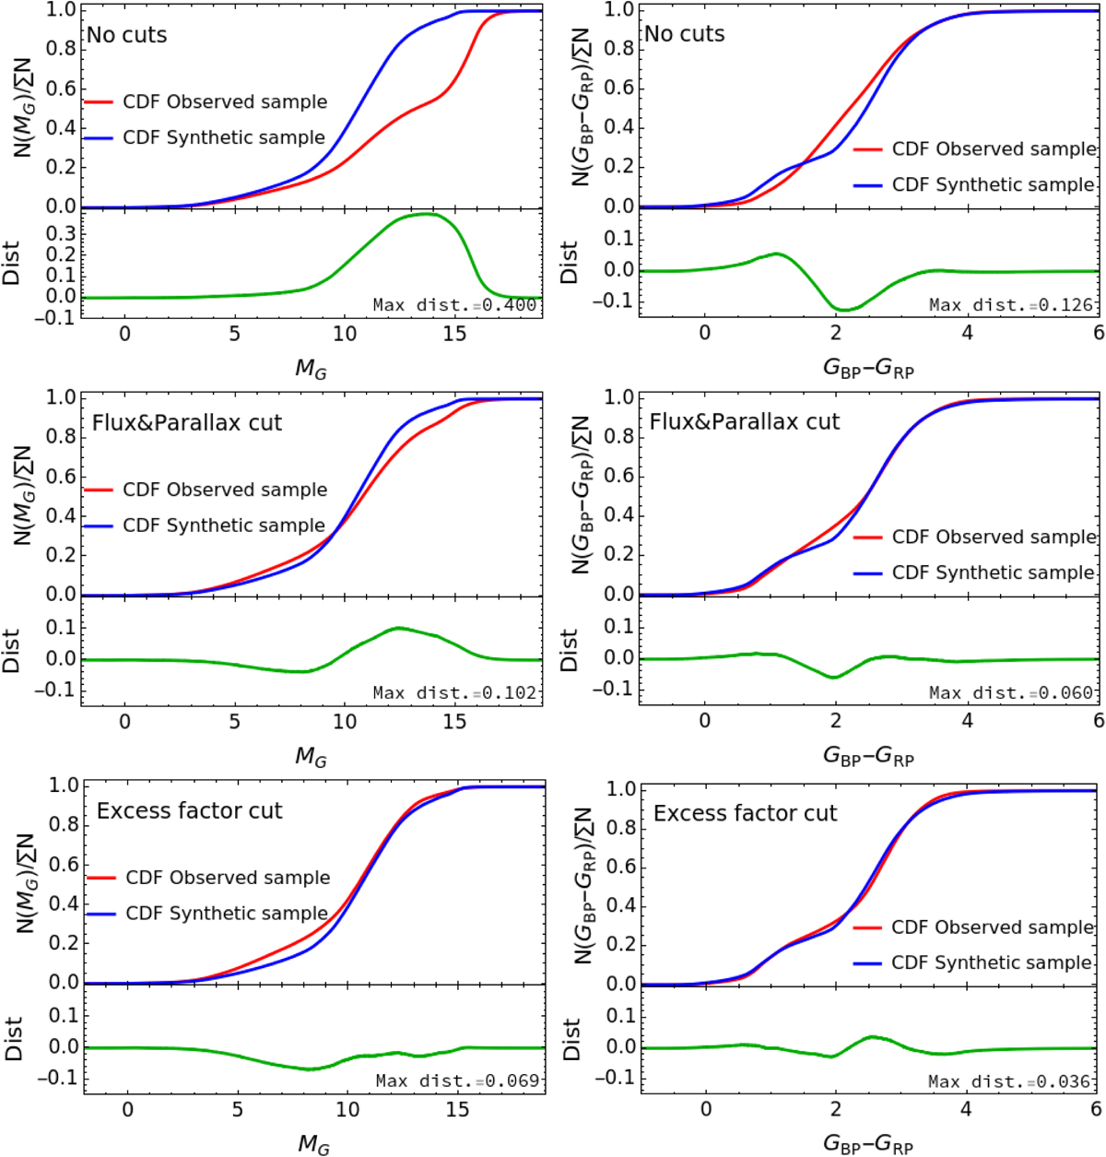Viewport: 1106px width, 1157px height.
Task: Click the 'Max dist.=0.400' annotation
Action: (x=454, y=305)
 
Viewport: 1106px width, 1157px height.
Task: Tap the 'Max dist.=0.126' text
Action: (x=1011, y=305)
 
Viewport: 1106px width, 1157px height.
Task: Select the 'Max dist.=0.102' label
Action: (x=454, y=693)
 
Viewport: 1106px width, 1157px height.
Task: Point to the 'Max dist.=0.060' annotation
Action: (x=1011, y=693)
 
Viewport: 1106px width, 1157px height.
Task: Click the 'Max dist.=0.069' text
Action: (x=457, y=1080)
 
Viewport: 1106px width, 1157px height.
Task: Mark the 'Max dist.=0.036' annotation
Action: (x=1010, y=1081)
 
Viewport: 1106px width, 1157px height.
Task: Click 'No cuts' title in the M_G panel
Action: (x=127, y=35)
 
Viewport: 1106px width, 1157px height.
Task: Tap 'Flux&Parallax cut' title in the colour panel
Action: (x=745, y=422)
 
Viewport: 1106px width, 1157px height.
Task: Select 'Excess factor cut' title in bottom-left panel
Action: (x=190, y=811)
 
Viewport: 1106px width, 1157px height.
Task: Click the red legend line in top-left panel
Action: (x=99, y=102)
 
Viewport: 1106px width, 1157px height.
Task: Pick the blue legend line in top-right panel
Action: (x=868, y=185)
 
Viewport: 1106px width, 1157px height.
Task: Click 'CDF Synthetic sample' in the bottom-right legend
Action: (x=992, y=962)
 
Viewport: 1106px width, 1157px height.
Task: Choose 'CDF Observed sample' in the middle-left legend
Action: (x=225, y=490)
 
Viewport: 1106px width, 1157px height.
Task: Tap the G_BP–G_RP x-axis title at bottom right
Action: (x=868, y=1146)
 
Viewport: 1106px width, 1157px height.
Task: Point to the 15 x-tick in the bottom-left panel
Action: (x=457, y=1110)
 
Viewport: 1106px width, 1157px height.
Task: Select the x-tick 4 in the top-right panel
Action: (x=967, y=333)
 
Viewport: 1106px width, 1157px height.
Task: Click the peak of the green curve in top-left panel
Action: (x=426, y=214)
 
